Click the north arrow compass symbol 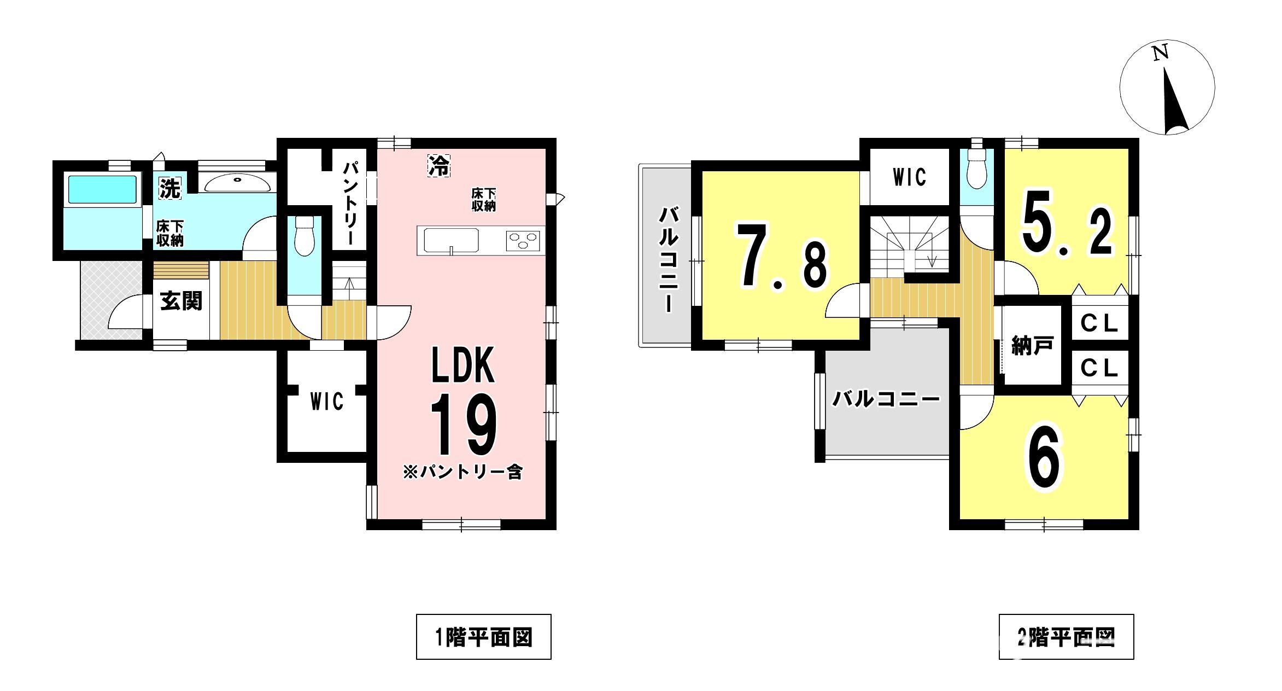click(1167, 88)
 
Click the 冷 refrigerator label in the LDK click(438, 165)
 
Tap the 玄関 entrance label click(181, 301)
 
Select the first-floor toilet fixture click(304, 235)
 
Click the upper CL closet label click(1099, 324)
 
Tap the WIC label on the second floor click(909, 177)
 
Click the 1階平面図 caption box click(484, 637)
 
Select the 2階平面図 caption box click(1066, 637)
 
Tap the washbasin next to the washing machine click(237, 183)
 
